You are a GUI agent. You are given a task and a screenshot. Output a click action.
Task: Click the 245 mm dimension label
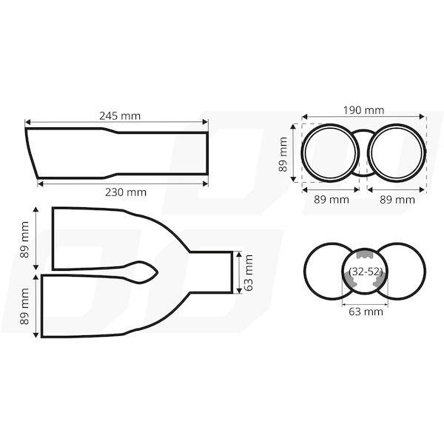click(x=120, y=116)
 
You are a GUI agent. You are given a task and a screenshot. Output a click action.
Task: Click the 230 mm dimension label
click(x=126, y=192)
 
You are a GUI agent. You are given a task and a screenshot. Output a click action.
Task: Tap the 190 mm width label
click(x=363, y=110)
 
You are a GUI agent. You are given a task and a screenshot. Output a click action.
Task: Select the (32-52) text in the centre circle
click(x=366, y=272)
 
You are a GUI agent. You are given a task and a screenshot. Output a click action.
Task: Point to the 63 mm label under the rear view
click(x=366, y=312)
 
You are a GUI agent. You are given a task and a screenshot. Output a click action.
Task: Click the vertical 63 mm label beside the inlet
click(x=249, y=272)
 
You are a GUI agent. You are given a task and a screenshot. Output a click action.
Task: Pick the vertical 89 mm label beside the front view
click(x=283, y=155)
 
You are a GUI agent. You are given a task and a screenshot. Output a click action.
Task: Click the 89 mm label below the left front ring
click(x=332, y=200)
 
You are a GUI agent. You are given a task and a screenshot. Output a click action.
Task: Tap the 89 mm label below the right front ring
click(x=397, y=200)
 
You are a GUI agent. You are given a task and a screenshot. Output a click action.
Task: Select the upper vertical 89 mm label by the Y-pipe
click(x=24, y=240)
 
